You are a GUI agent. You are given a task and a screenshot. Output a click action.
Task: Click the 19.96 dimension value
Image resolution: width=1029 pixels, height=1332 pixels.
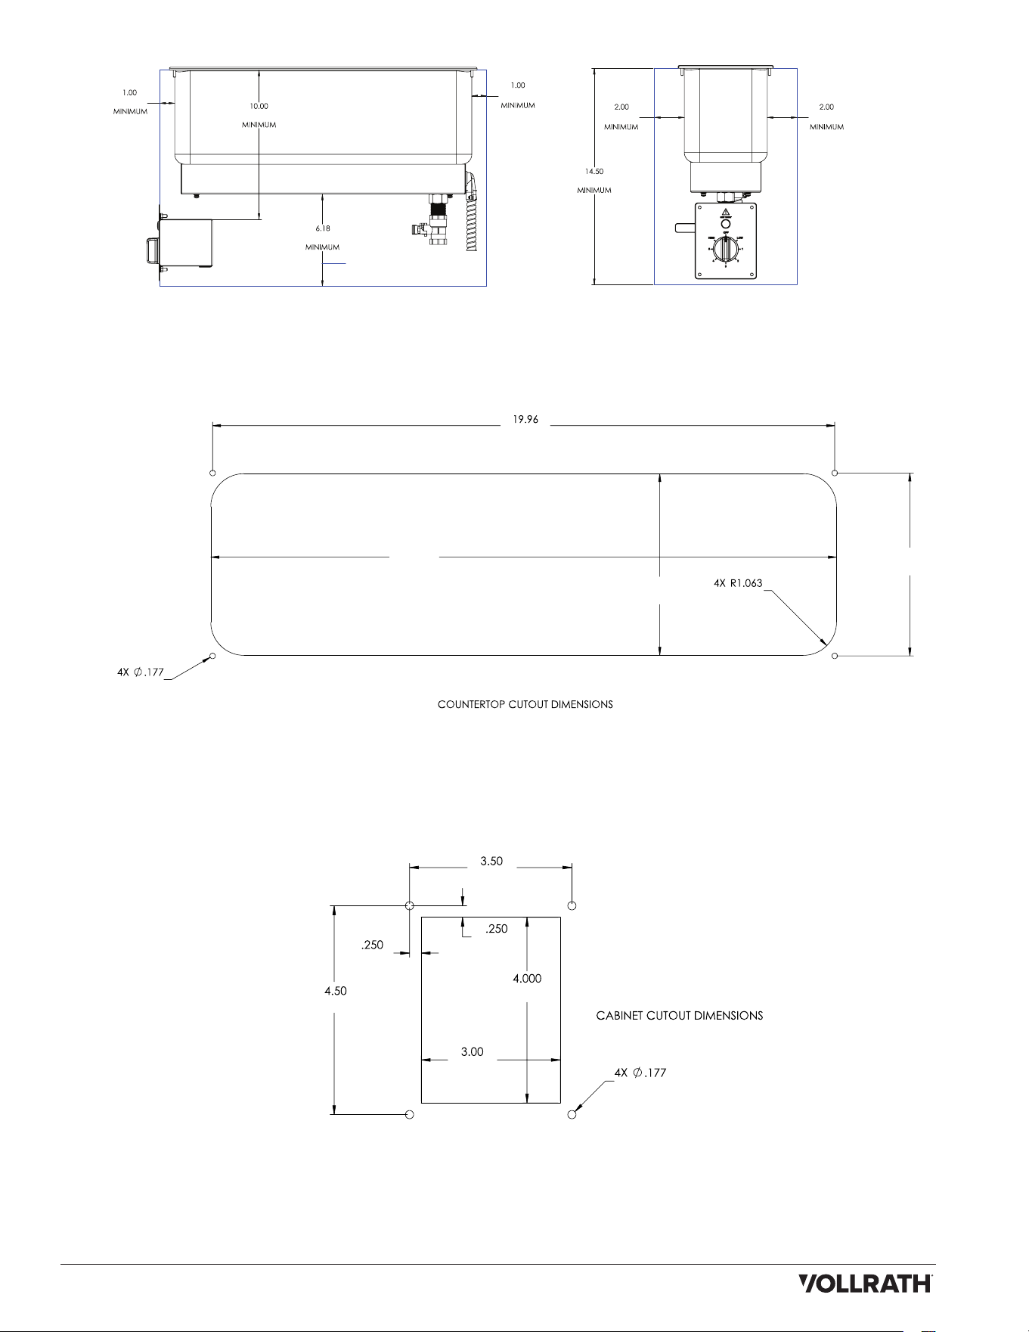pyautogui.click(x=525, y=419)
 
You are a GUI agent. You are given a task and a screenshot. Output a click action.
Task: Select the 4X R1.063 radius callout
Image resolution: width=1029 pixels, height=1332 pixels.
pyautogui.click(x=738, y=583)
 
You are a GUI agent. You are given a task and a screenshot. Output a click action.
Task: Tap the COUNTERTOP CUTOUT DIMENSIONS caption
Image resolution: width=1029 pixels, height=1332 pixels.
pyautogui.click(x=525, y=704)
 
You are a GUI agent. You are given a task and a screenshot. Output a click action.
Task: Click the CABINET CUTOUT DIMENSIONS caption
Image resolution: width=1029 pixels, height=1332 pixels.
pyautogui.click(x=680, y=1016)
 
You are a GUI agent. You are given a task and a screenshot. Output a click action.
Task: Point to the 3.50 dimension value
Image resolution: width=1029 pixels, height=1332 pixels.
pyautogui.click(x=491, y=861)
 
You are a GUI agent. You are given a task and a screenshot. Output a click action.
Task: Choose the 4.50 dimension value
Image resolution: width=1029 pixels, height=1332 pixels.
pyautogui.click(x=336, y=991)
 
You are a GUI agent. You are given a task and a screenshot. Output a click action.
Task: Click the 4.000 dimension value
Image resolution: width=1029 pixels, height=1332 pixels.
pyautogui.click(x=527, y=978)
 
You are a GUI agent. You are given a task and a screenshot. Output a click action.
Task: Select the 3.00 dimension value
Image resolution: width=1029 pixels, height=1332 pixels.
pyautogui.click(x=473, y=1051)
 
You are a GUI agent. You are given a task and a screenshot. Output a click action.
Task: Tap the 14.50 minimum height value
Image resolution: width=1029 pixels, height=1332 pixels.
pyautogui.click(x=594, y=172)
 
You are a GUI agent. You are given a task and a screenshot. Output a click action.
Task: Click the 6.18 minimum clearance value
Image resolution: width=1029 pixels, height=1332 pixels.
pyautogui.click(x=323, y=228)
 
